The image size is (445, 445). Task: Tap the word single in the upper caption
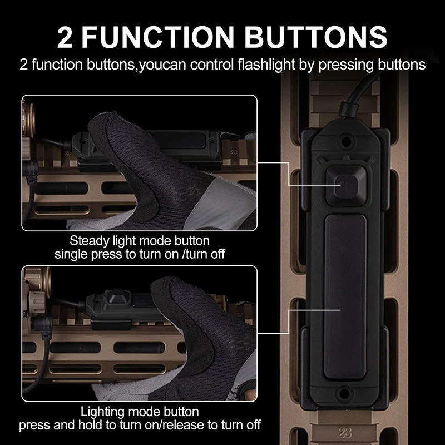pyautogui.click(x=68, y=255)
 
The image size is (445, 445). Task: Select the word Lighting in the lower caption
pyautogui.click(x=103, y=412)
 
